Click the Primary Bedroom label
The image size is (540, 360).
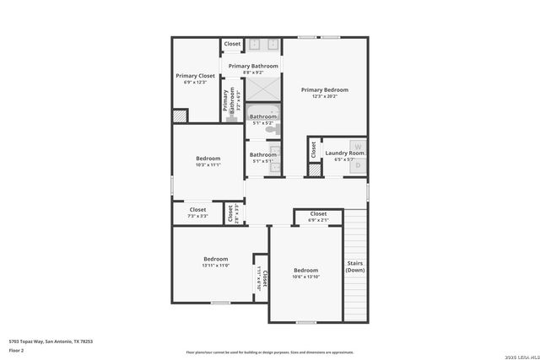324,89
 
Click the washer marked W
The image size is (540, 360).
357,145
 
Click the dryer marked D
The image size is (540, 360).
357,166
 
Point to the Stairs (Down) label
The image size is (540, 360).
355,266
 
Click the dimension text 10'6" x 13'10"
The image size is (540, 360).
305,277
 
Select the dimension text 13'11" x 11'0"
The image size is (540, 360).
215,266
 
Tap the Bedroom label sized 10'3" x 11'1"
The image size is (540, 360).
208,159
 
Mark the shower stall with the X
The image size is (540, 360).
263,89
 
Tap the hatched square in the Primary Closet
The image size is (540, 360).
180,116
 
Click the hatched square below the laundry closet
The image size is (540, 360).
314,170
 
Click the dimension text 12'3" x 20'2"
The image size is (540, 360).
324,96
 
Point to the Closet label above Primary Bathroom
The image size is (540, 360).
232,44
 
